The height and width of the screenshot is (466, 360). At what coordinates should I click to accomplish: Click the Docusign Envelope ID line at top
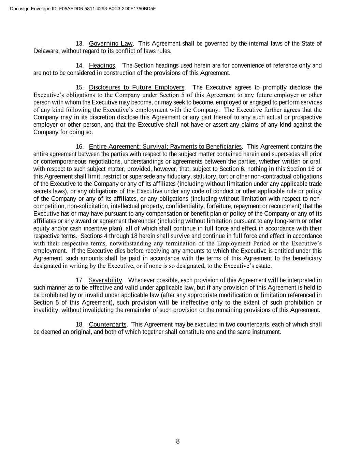83,9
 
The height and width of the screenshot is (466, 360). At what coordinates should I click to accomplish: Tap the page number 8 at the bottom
178,441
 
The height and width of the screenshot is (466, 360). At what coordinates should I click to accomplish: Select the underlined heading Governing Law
111,44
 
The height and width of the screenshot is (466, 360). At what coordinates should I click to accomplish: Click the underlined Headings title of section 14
102,66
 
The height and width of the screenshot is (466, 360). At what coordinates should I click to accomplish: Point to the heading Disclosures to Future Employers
136,87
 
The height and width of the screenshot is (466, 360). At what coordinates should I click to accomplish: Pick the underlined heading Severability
105,280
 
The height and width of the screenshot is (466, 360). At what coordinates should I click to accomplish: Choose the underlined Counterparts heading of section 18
107,324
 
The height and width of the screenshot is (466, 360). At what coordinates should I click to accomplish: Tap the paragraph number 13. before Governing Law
80,44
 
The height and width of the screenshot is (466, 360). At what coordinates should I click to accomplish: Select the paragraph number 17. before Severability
80,280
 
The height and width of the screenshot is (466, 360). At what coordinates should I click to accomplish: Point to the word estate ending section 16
263,266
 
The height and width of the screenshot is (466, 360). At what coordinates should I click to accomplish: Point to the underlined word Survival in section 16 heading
155,147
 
